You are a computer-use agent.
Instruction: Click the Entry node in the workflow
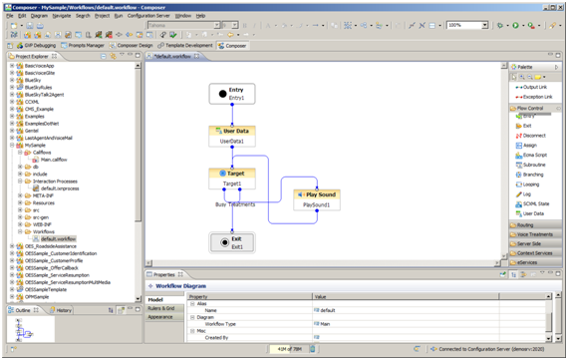(236, 93)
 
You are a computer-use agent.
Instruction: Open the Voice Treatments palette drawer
(535, 233)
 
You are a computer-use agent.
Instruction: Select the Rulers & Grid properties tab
(161, 308)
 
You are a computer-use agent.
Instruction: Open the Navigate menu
(62, 16)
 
